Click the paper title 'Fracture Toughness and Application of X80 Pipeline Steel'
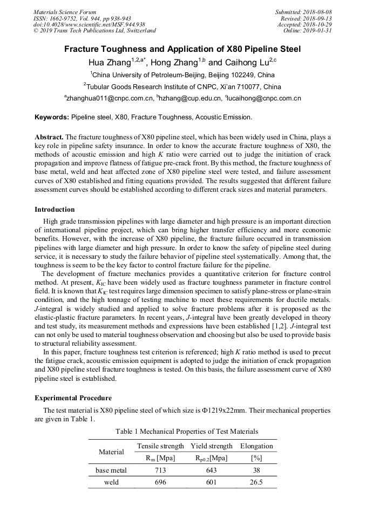pos(182,49)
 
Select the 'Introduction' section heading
pos(55,210)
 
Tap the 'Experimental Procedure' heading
pos(73,398)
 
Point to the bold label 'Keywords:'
pos(52,117)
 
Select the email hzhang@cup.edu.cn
pos(189,99)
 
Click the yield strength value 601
pos(211,482)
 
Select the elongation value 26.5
pos(256,482)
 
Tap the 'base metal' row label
pos(111,470)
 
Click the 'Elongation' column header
pos(256,446)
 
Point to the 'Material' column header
pos(111,452)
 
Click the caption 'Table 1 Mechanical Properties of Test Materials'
pos(182,431)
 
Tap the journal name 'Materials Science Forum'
pos(65,11)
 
